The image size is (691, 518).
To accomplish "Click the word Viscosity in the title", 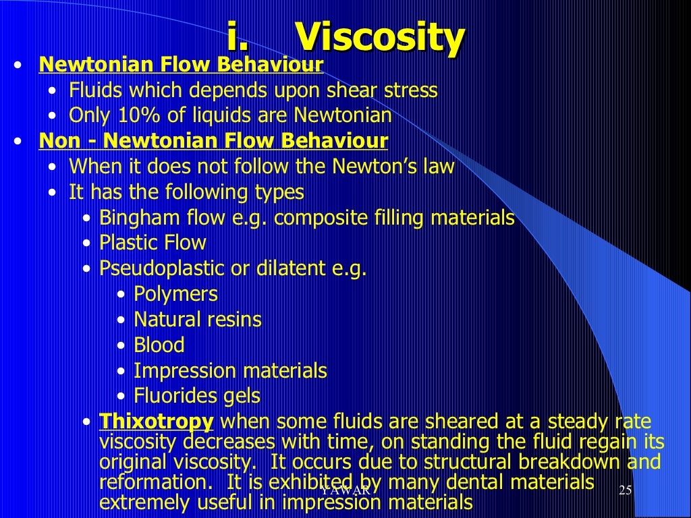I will pos(381,38).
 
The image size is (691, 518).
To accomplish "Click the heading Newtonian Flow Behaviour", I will pos(182,65).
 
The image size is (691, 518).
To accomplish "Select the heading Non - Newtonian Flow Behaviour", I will pos(213,141).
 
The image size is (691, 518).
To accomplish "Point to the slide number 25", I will pos(624,490).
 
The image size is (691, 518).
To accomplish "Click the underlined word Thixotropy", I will pos(157,422).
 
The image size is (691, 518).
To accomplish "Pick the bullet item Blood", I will pos(159,345).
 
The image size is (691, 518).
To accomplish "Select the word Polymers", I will pos(175,294).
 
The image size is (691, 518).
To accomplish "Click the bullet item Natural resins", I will pos(198,319).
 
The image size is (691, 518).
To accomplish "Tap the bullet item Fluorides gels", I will pos(197,396).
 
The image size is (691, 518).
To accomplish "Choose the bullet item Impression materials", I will pos(230,370).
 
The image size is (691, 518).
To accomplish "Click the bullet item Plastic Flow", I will pos(153,243).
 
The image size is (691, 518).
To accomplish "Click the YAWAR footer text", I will pos(345,490).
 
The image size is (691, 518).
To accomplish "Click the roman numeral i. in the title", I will pos(239,38).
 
